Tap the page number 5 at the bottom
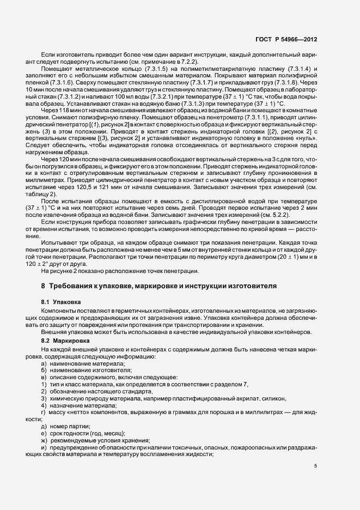[316, 465]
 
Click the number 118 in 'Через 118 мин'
[64, 111]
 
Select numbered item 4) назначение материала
[79, 405]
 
